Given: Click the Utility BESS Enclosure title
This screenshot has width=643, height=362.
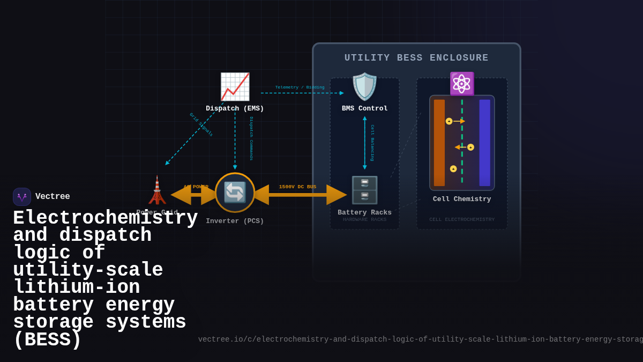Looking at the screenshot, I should click(x=416, y=58).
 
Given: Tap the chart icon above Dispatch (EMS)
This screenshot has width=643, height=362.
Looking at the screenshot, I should click(x=235, y=87).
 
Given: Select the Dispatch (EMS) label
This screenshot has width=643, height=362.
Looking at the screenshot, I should click(x=235, y=108).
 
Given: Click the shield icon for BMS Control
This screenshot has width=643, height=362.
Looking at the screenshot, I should click(x=364, y=87).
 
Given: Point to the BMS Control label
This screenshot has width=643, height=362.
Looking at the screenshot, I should click(x=364, y=108).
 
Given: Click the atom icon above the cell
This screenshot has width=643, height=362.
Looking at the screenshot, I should click(x=461, y=84).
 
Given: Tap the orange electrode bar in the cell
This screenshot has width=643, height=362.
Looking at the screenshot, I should click(x=439, y=143).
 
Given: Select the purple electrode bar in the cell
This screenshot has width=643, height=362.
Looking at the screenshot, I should click(x=484, y=143).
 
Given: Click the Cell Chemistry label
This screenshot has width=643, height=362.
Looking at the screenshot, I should click(x=461, y=199).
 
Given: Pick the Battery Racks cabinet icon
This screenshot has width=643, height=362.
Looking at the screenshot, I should click(x=364, y=190).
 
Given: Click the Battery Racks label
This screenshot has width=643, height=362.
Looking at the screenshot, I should click(x=364, y=212).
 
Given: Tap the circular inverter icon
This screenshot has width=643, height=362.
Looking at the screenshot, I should click(x=235, y=192).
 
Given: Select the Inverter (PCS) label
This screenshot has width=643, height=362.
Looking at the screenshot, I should click(x=235, y=221).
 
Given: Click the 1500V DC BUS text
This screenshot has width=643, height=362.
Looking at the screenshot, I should click(x=297, y=187).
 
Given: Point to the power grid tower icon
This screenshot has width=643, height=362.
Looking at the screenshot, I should click(x=157, y=190).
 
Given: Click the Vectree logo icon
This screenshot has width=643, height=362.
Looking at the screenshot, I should click(x=22, y=197).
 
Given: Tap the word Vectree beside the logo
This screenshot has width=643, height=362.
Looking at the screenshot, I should click(x=53, y=197).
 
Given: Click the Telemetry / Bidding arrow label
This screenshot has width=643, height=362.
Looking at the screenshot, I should click(x=300, y=87).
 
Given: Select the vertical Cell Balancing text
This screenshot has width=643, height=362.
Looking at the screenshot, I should click(x=372, y=143).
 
